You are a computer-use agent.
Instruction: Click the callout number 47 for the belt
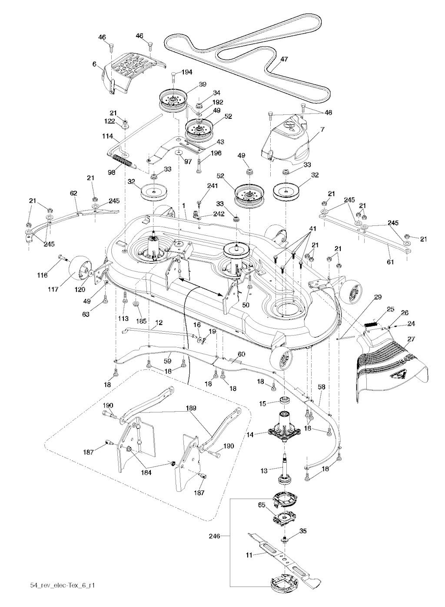[284, 59]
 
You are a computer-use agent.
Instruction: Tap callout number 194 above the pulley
[187, 72]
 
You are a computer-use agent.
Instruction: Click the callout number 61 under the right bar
[390, 262]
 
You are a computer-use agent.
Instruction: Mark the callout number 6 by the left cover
[94, 64]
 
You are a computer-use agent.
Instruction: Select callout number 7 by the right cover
[311, 131]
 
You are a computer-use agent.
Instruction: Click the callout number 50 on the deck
[246, 305]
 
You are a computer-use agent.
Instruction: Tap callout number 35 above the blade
[303, 531]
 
